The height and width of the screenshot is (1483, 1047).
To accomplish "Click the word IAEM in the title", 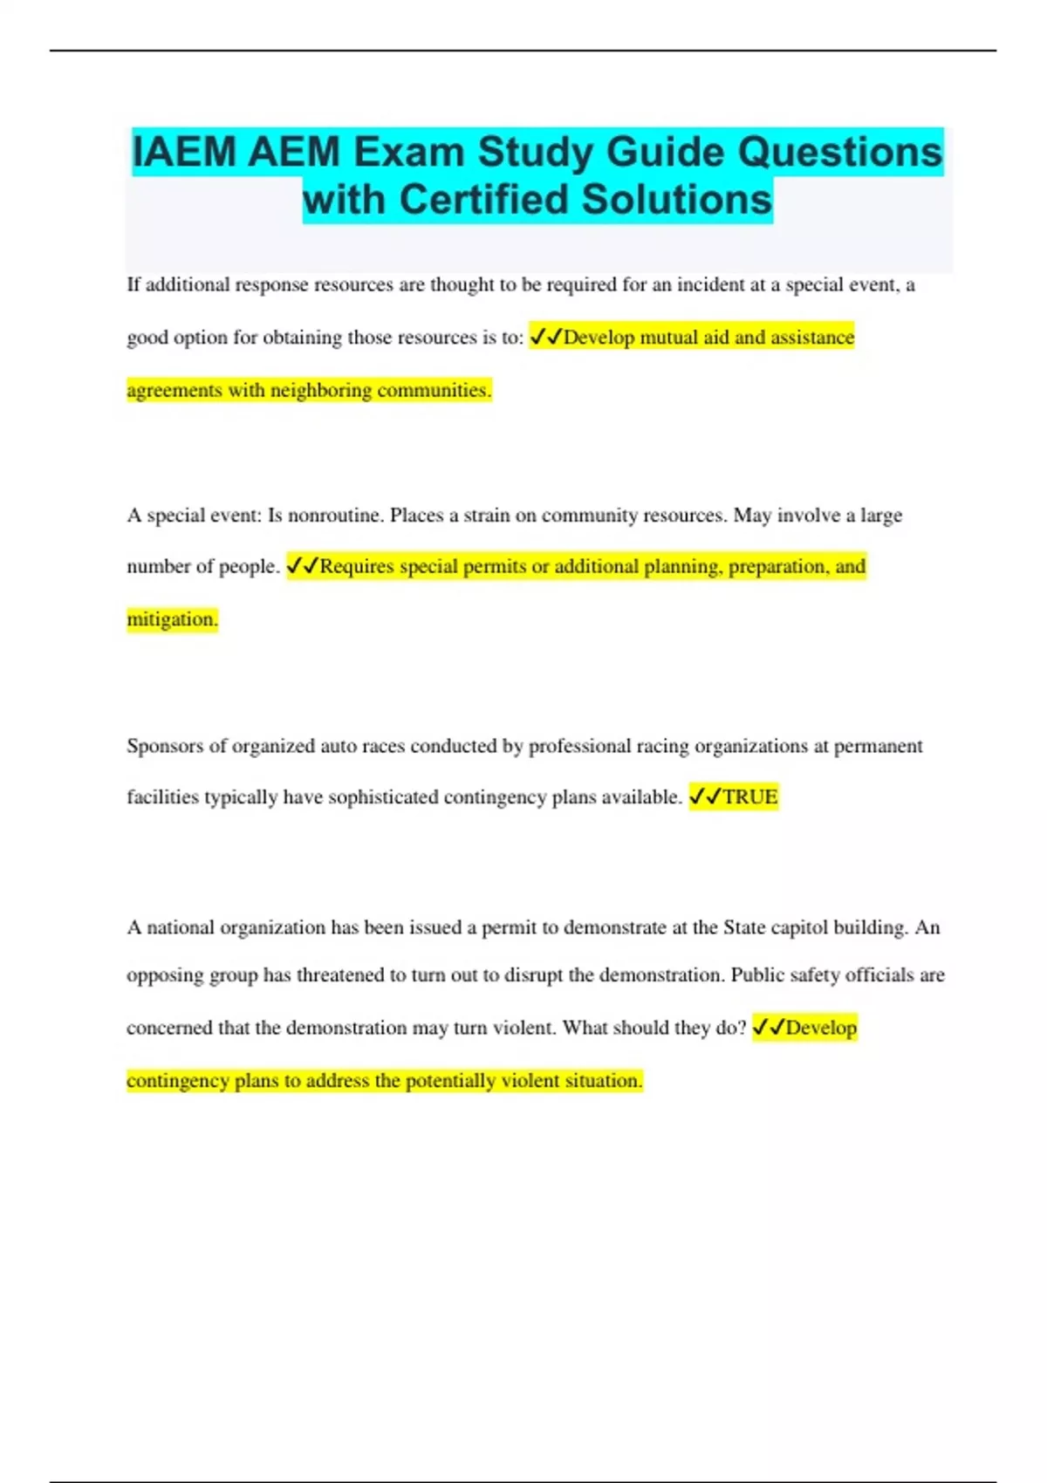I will click(x=184, y=153).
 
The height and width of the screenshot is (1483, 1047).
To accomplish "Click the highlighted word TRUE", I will click(x=750, y=797).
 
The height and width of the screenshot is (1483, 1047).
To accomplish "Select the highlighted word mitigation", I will click(x=171, y=619).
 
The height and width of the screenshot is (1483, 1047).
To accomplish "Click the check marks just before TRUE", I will click(x=705, y=797).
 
